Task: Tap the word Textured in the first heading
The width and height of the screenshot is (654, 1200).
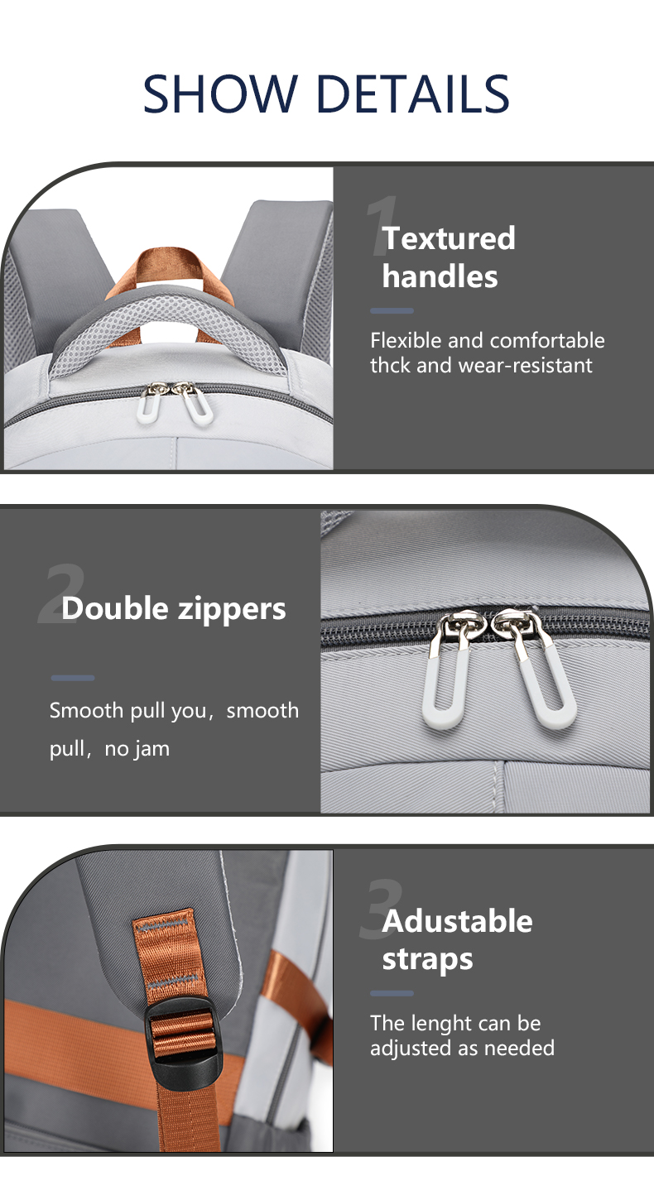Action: [x=449, y=238]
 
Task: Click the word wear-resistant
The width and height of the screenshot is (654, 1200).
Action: [x=526, y=365]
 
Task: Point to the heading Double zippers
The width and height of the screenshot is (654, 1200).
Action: [x=174, y=609]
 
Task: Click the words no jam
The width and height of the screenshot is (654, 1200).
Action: [x=137, y=748]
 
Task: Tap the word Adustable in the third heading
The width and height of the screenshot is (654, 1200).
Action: [x=457, y=921]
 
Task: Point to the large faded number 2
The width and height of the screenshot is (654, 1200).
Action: [x=60, y=596]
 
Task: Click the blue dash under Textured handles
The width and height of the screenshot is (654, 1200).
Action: [x=392, y=310]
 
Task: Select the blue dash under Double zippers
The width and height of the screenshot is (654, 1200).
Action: [x=73, y=679]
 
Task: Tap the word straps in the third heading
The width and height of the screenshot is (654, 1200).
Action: [x=428, y=959]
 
